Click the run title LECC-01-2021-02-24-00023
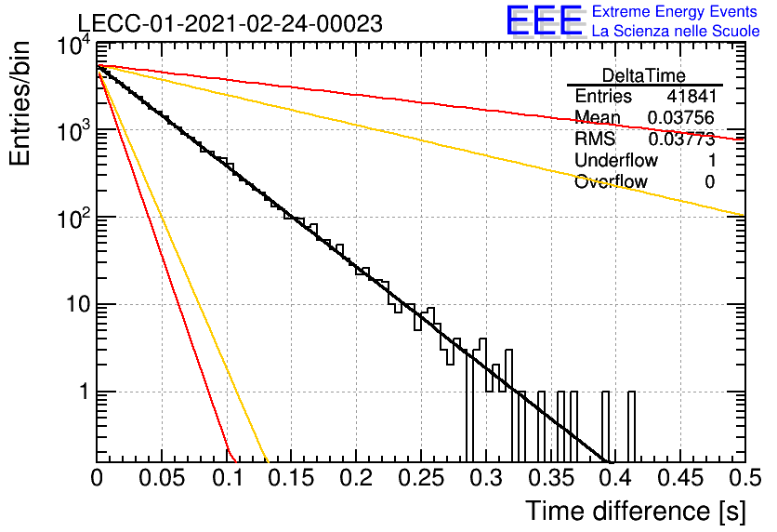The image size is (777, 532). (230, 23)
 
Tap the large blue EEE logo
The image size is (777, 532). (544, 20)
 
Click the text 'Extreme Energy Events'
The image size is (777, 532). (675, 11)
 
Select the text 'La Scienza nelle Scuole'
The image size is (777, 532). (676, 32)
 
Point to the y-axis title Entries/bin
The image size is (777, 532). (20, 103)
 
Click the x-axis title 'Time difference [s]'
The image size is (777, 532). (636, 512)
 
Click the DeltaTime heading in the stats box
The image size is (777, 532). (644, 75)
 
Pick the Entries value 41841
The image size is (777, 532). (691, 96)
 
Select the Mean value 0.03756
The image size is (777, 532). (681, 117)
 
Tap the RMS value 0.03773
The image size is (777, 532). (681, 139)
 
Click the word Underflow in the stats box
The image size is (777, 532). (616, 160)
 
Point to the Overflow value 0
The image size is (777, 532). (709, 182)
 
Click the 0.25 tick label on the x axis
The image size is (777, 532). (421, 478)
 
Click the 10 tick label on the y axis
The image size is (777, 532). (78, 304)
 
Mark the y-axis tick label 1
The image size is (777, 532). (85, 392)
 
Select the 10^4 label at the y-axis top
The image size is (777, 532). (74, 47)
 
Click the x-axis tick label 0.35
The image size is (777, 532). (550, 478)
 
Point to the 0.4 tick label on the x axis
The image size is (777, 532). (615, 478)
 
